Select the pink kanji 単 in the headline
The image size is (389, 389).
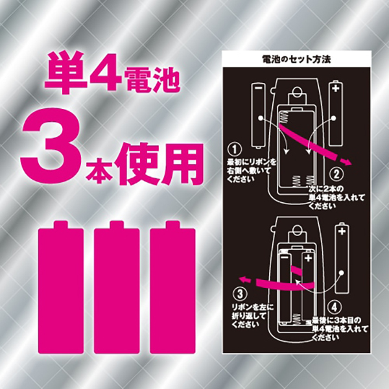[x=65, y=72]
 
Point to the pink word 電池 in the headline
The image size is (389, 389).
[x=153, y=80]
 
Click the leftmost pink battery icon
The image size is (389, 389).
[x=61, y=287]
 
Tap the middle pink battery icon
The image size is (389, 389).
[x=117, y=287]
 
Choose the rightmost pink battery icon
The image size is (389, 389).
[x=172, y=287]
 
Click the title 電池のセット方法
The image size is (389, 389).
[x=297, y=59]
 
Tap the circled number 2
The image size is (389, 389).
[x=336, y=174]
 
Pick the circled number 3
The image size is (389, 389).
[x=240, y=294]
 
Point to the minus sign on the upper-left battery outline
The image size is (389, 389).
[x=258, y=88]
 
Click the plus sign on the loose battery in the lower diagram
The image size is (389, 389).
[x=342, y=231]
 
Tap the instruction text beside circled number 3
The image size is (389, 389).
[x=253, y=316]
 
